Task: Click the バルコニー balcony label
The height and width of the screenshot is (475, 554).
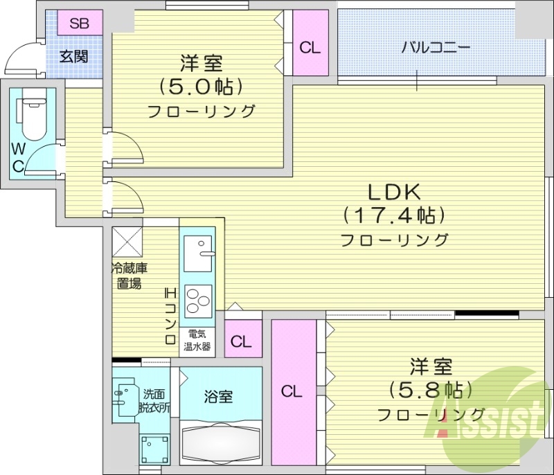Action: click(436, 48)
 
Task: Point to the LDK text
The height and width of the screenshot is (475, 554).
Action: click(394, 192)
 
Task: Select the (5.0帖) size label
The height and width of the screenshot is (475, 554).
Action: click(201, 87)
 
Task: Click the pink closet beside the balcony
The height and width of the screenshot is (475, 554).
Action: click(310, 48)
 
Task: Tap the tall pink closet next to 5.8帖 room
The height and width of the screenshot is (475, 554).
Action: click(293, 392)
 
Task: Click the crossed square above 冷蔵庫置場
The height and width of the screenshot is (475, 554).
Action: click(128, 241)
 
